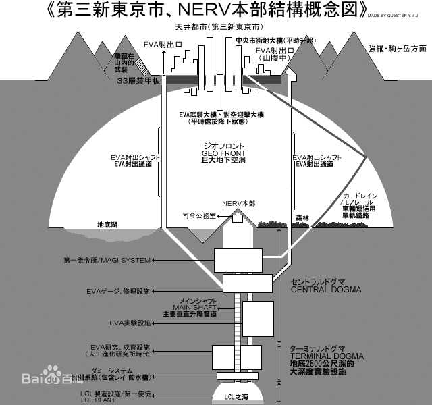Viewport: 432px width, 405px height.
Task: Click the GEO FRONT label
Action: coord(223,153)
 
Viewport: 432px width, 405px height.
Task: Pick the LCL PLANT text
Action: coord(101,400)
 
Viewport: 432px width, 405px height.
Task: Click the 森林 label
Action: coord(302,218)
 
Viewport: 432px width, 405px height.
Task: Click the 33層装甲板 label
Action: coord(138,80)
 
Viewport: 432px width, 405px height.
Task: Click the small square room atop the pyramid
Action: coord(238,218)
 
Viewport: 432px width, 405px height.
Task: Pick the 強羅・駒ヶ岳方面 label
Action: coord(398,49)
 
